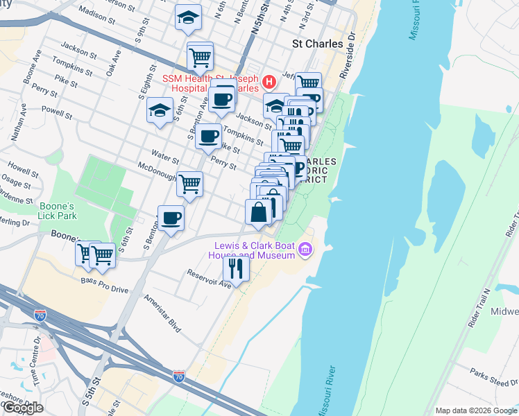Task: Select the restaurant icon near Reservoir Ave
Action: point(236,268)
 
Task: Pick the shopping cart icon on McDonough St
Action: point(189,184)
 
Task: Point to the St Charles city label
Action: point(316,43)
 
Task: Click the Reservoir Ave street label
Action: point(209,278)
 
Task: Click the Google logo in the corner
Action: point(22,408)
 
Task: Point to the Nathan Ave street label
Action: point(18,123)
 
